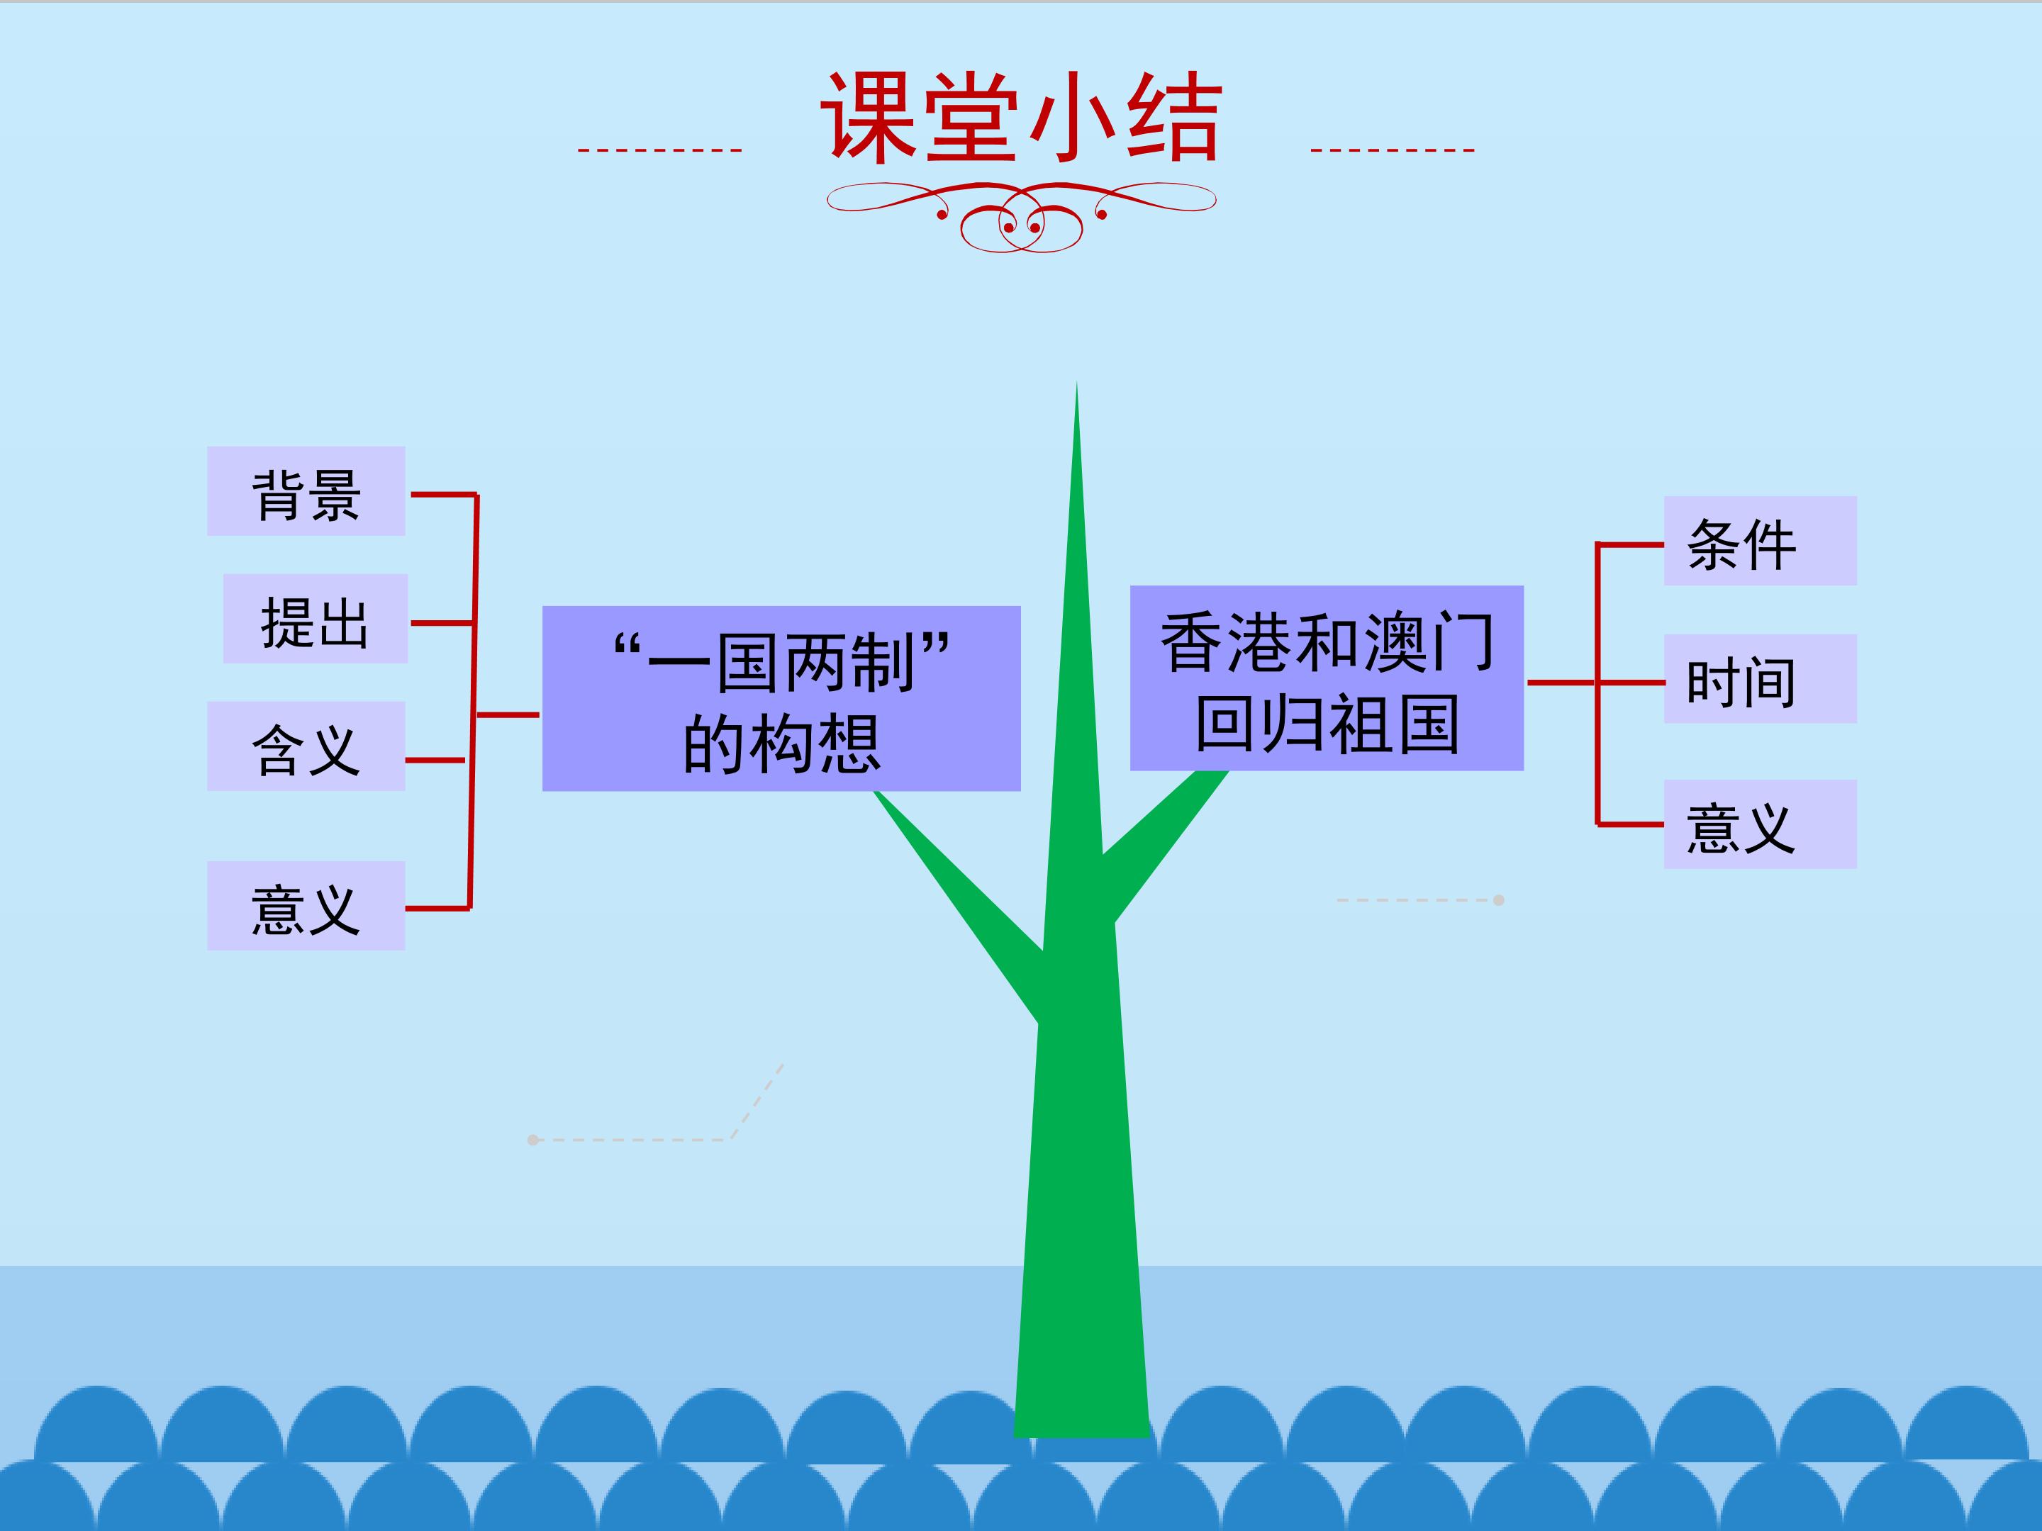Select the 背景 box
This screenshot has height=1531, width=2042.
306,491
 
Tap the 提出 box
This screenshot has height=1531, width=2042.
315,618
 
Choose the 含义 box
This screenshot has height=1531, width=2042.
306,746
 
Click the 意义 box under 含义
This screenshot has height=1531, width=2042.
306,905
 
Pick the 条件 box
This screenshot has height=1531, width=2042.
1760,541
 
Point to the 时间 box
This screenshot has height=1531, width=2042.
1760,678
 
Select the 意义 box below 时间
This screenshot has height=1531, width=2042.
1760,824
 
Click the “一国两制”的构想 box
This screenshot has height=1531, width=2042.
781,699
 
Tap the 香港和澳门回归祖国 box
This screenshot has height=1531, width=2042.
1327,678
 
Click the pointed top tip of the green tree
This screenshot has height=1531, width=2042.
1076,383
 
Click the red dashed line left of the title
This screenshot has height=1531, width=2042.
660,150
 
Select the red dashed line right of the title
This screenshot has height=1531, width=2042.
1392,150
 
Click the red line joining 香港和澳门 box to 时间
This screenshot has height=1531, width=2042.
1596,683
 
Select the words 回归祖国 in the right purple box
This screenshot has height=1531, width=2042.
1327,724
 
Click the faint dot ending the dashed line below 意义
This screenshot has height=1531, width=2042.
1498,899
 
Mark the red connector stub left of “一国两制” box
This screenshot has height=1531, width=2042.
507,714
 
